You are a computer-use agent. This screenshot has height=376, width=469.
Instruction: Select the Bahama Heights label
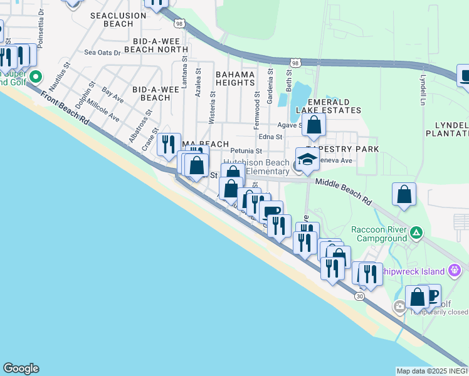pos(234,78)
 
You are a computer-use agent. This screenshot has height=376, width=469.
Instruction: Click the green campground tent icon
pos(415,234)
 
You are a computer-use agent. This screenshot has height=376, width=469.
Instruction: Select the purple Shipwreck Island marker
pos(455,271)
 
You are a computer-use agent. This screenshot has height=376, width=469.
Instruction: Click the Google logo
pos(21,368)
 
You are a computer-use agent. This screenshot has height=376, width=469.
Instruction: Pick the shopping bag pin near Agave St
pos(314,125)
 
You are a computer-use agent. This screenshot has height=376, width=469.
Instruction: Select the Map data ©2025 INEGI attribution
pos(431,371)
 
